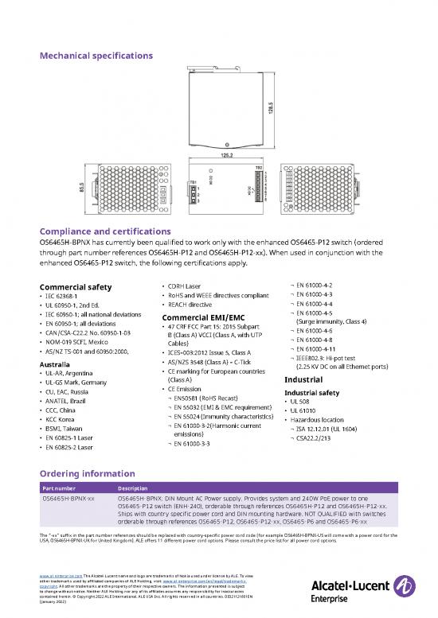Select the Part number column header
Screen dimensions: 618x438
pyautogui.click(x=61, y=487)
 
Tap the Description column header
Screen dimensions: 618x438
pyautogui.click(x=135, y=487)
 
